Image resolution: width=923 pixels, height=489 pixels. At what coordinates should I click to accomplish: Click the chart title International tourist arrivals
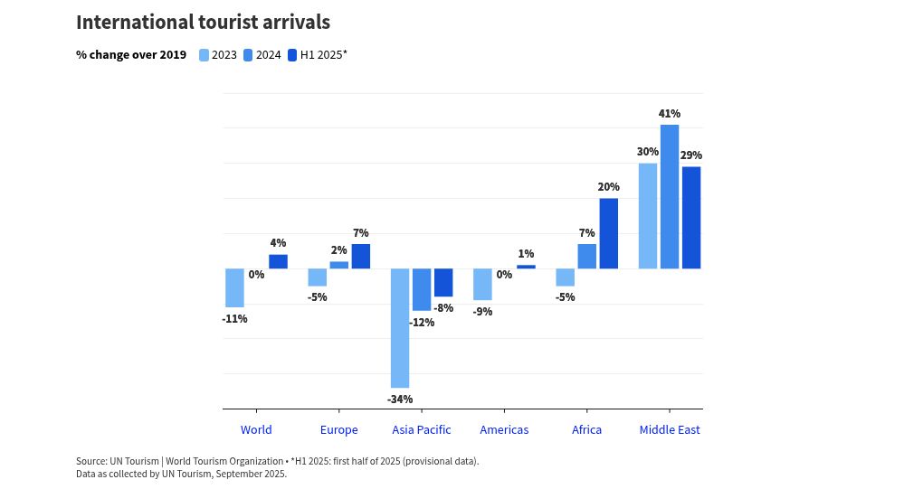click(203, 23)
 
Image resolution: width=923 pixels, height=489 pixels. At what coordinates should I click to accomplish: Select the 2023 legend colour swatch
click(204, 55)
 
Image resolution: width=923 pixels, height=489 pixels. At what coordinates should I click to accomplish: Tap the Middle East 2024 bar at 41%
click(670, 196)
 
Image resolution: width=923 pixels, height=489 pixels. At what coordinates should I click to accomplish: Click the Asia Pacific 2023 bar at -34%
click(399, 328)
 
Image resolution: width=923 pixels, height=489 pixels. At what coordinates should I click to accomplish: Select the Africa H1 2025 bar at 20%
click(609, 233)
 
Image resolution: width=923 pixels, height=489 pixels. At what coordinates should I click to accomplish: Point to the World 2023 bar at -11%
click(234, 287)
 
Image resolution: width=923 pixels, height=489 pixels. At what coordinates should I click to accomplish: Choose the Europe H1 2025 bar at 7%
click(361, 257)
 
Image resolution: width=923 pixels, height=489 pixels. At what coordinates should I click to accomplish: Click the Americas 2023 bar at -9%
click(482, 284)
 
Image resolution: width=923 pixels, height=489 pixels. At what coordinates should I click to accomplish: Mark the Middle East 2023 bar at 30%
click(648, 216)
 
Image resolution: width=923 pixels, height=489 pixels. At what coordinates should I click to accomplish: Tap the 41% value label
click(670, 114)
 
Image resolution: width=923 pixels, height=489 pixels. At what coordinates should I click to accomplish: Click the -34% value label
click(400, 399)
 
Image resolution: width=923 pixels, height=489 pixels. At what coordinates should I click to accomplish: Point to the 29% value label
click(691, 155)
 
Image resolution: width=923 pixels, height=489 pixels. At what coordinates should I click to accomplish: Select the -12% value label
click(422, 322)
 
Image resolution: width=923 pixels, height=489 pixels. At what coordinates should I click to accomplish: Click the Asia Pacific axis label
click(422, 429)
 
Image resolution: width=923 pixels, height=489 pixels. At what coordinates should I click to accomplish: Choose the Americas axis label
click(504, 429)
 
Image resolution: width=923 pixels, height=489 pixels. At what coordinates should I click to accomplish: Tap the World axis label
click(256, 429)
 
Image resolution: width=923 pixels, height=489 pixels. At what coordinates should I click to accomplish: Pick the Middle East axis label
click(670, 429)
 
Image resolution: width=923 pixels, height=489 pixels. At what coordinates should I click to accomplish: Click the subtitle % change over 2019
click(131, 55)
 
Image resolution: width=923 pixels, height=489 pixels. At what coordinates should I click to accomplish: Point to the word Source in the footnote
click(91, 461)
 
